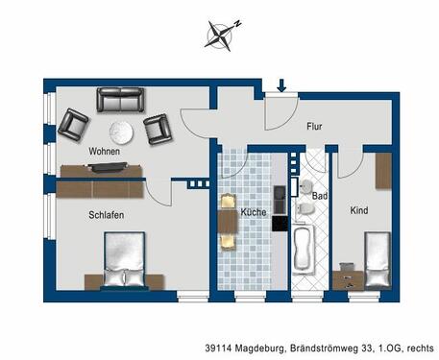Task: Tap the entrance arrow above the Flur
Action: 281,87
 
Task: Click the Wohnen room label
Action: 104,152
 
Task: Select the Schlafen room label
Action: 107,215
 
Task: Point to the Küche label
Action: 253,211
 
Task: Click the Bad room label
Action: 320,196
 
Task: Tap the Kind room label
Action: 359,209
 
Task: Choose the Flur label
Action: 314,126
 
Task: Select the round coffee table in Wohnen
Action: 121,132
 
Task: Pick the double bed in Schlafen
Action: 122,261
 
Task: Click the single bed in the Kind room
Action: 376,258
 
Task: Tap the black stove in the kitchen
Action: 280,222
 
